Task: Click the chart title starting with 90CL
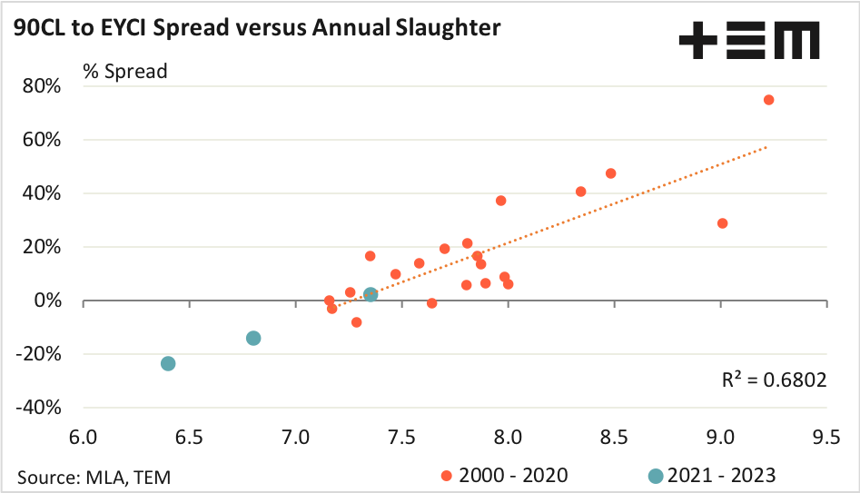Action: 257,29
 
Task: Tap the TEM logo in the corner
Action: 748,42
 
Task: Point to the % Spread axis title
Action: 125,71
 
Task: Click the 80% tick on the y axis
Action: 42,87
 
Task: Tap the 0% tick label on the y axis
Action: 46,301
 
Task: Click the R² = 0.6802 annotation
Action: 774,380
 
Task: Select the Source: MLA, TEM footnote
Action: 94,476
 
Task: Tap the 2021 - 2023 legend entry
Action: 713,476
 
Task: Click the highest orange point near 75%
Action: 768,100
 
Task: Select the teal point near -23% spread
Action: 168,363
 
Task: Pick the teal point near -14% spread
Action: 253,338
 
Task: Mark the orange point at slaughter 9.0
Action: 723,223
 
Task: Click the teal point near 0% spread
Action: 371,295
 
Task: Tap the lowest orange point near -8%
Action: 356,322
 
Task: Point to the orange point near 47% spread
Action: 610,173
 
